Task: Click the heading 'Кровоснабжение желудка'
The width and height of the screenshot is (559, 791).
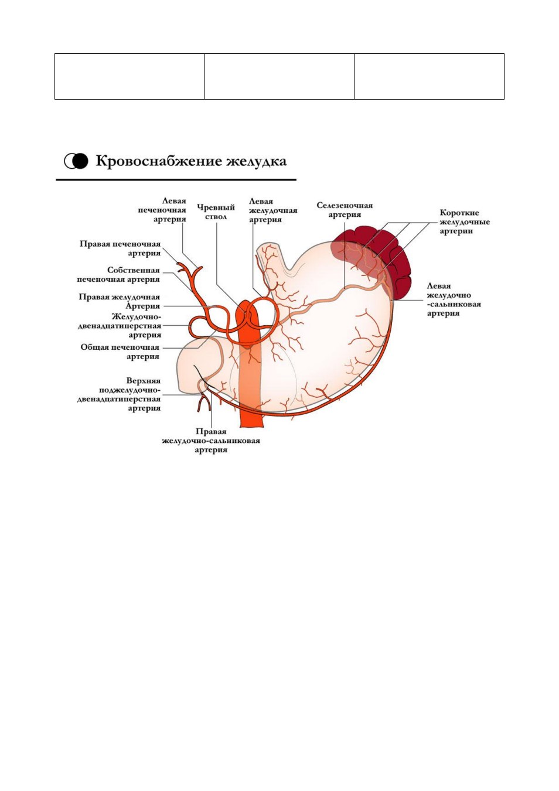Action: click(191, 161)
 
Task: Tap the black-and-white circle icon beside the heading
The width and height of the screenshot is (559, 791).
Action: click(76, 161)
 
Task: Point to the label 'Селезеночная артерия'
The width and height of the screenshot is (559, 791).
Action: click(345, 210)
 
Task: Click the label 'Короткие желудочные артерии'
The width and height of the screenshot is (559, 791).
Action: click(464, 221)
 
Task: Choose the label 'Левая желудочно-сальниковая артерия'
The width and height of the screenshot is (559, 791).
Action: click(454, 299)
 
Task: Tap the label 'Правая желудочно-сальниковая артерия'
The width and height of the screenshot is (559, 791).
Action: click(211, 441)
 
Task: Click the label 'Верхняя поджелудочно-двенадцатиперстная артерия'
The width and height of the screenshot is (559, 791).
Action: click(119, 394)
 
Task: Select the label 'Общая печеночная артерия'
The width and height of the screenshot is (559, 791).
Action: click(120, 352)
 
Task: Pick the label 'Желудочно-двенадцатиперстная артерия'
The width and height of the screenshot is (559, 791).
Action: click(120, 326)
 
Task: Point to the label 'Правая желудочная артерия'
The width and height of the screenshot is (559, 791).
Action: click(120, 301)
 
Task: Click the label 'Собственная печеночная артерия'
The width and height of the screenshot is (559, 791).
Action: click(118, 275)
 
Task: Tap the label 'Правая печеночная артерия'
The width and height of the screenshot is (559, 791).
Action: click(120, 248)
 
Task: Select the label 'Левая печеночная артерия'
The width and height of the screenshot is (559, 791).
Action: click(162, 210)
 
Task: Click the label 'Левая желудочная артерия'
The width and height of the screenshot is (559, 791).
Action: click(273, 210)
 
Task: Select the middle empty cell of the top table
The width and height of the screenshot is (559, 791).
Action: click(279, 76)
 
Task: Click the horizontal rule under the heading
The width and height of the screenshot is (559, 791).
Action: click(176, 180)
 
